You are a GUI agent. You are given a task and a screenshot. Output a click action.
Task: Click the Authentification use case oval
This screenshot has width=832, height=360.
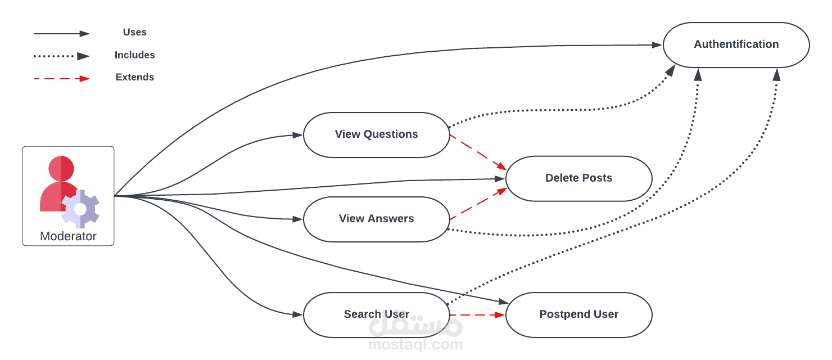(x=736, y=44)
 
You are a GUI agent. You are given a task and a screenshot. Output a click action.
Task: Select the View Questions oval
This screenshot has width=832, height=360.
(x=376, y=134)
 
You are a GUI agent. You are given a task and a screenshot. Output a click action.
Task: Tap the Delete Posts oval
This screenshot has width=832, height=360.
(x=578, y=178)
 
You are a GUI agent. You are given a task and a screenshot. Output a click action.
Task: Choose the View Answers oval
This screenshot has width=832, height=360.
(x=376, y=219)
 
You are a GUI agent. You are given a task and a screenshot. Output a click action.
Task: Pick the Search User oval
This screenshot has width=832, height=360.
(x=376, y=314)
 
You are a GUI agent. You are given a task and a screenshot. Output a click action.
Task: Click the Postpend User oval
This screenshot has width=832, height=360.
(x=578, y=314)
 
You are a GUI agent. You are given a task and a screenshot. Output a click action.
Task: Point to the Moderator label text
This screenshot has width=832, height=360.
(x=68, y=236)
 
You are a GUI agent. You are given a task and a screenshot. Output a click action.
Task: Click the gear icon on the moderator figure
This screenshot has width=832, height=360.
(x=80, y=209)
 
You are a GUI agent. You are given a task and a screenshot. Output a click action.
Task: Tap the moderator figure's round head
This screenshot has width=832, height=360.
(x=61, y=168)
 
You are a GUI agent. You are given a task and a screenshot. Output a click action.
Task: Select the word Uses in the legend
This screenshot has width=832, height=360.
(x=134, y=33)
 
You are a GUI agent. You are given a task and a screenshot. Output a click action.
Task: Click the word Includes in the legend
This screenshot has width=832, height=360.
(x=134, y=55)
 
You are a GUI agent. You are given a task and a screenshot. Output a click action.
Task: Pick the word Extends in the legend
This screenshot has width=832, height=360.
(x=134, y=77)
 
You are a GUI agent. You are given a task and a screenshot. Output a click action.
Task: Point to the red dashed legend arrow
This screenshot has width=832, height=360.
(x=61, y=79)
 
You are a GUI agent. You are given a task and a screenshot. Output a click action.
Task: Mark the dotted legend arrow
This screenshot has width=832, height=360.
(x=61, y=56)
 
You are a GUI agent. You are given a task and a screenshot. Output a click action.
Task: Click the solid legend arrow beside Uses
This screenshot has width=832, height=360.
(x=61, y=34)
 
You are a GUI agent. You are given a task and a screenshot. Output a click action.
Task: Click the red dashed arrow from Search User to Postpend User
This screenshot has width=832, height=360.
(x=478, y=315)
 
